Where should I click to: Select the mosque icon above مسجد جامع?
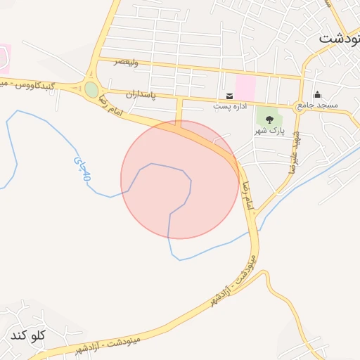pos(318,95)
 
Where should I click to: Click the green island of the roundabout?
pos(91,89)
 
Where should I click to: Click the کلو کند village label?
pos(28,335)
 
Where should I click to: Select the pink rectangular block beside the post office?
pos(245,88)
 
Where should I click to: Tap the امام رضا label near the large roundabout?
pos(112,104)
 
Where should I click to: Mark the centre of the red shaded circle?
pos(180,179)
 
